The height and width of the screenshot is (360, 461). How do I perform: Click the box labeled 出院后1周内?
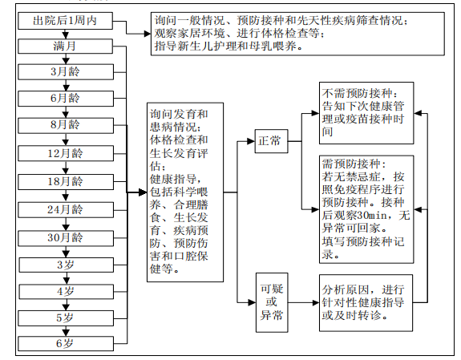click(65, 21)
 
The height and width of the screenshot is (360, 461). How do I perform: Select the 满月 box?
click(65, 47)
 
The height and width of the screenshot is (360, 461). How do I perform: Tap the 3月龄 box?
click(66, 72)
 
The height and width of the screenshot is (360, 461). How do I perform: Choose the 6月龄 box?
click(66, 99)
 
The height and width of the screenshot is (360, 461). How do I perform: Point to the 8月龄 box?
click(66, 125)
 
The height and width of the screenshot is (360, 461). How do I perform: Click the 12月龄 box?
click(66, 153)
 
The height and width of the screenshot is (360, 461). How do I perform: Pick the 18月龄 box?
click(66, 182)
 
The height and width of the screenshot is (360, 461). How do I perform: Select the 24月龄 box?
click(66, 210)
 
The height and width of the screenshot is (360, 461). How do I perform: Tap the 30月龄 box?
click(66, 238)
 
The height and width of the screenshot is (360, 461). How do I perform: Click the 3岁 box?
click(67, 265)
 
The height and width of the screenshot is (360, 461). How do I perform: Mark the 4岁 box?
click(67, 292)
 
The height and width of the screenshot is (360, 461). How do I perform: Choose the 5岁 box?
click(66, 318)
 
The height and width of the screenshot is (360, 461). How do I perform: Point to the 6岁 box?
click(66, 343)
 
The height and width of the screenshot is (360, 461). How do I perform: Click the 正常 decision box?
click(271, 141)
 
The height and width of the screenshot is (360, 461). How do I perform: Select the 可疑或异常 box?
click(272, 302)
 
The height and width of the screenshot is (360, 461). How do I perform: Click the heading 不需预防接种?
click(358, 94)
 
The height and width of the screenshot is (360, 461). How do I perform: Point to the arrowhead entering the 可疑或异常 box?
click(252, 302)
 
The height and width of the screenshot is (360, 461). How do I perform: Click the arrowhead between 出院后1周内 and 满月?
click(66, 35)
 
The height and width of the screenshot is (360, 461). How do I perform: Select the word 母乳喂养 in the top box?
click(273, 47)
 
